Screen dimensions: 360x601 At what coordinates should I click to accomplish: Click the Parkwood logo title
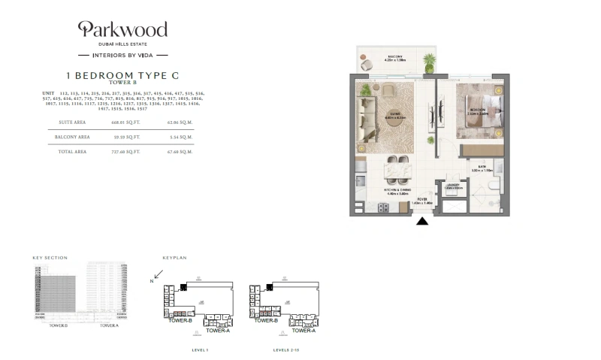(x=123, y=30)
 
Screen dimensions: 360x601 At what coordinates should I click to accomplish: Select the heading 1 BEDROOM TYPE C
(x=122, y=76)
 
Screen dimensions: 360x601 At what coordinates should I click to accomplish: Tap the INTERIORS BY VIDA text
(x=123, y=55)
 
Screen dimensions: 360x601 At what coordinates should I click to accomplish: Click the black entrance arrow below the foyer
(x=422, y=222)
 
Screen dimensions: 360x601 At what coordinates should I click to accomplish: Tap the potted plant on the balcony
(x=429, y=59)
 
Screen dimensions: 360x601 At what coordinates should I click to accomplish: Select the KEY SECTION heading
(x=50, y=258)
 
